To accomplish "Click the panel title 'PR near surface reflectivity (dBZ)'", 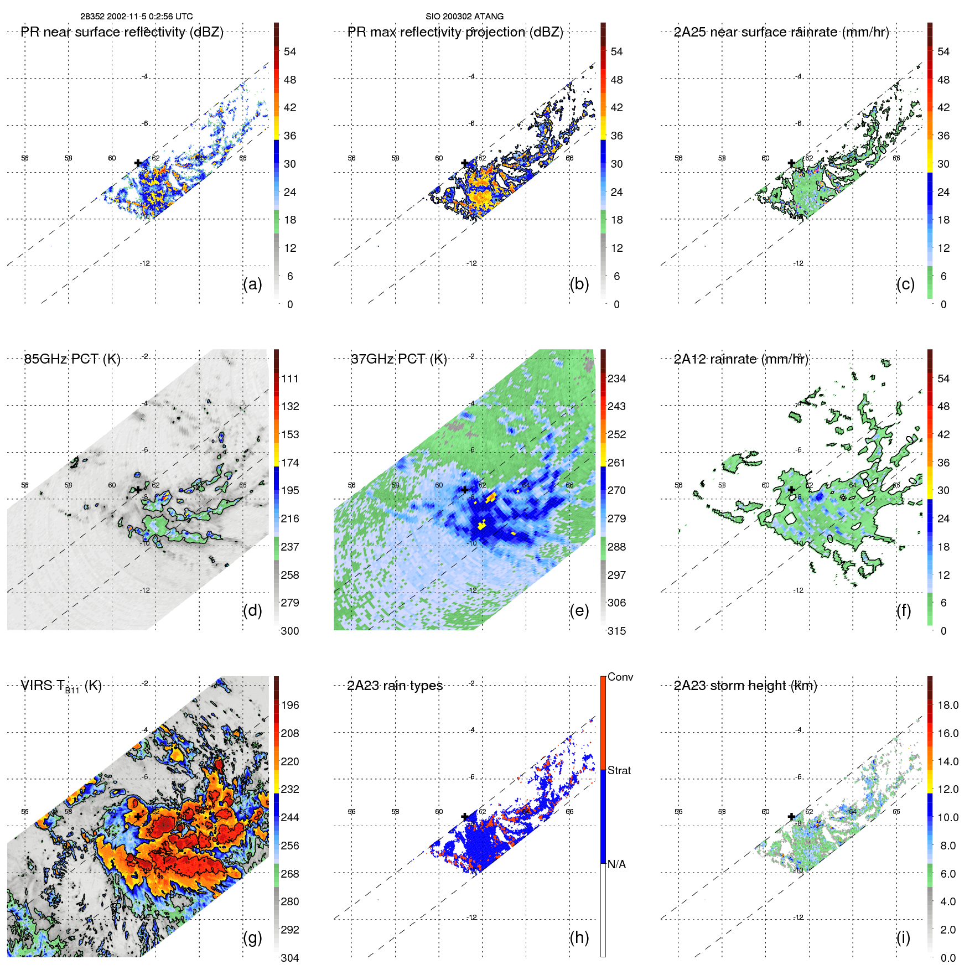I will tap(122, 32).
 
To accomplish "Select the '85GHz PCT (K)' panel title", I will tap(72, 359).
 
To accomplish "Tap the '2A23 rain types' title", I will tap(395, 686).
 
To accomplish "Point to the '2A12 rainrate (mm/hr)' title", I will tap(741, 359).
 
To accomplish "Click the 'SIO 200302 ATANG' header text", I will tap(464, 17).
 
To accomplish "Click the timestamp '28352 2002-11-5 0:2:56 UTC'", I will tap(137, 17).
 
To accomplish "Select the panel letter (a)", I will tap(252, 284).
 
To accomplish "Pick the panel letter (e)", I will tap(579, 610).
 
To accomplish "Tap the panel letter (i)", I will tap(903, 937).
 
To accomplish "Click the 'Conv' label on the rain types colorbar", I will tap(620, 677).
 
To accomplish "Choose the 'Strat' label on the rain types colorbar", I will tap(619, 770).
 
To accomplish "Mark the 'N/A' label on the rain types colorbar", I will tap(616, 864).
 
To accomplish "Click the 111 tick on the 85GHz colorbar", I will tap(290, 378).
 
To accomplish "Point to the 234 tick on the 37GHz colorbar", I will tap(616, 378).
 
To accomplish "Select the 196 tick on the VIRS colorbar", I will tap(290, 705).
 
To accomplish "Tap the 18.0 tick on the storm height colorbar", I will tap(948, 705).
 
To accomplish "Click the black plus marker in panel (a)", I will tap(138, 163).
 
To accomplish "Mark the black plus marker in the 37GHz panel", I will tap(465, 490).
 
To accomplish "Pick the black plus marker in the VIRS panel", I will tap(138, 816).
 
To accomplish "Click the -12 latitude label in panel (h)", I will tap(472, 917).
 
